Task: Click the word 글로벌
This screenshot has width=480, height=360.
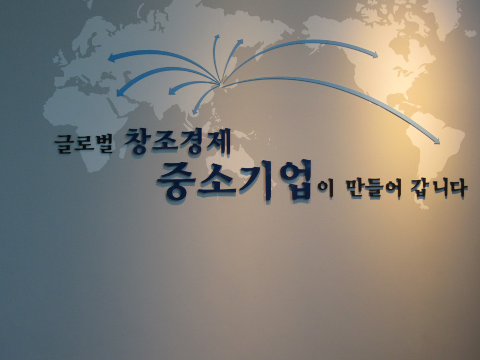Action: point(84,143)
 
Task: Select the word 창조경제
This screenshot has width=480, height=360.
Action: point(178,141)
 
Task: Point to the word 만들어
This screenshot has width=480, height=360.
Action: point(373,189)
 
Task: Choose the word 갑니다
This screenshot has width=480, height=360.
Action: point(439,188)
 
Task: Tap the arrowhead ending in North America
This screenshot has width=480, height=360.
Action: point(374,55)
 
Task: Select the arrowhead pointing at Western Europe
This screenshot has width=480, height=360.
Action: point(112,58)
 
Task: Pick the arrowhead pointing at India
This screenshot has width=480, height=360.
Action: point(172,91)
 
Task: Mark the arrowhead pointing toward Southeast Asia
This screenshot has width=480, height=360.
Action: point(195,111)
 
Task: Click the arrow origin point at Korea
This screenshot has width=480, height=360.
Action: point(220,84)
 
